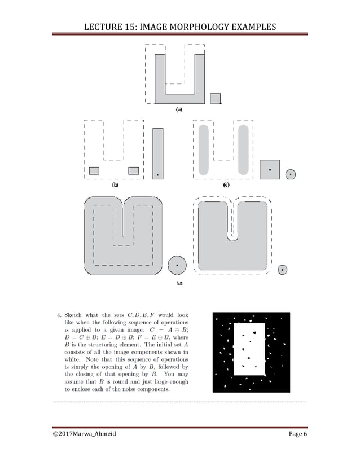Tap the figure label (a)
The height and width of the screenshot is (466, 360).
[x=179, y=110]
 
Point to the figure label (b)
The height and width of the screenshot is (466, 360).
[x=116, y=184]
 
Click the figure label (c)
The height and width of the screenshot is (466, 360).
[x=226, y=184]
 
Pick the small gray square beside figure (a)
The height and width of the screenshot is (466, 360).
[x=215, y=98]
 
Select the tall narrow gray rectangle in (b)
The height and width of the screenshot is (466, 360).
[x=158, y=153]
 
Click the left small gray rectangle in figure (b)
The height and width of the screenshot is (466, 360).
[x=94, y=170]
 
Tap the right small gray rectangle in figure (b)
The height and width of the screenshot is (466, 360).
[x=134, y=170]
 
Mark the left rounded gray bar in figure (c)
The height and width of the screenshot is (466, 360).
[x=205, y=149]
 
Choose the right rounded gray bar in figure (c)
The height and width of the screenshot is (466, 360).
[x=243, y=149]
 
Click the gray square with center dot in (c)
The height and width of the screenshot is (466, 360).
[x=270, y=169]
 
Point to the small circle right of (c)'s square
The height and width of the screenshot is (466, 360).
[x=290, y=174]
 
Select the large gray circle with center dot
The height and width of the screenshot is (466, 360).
[x=178, y=264]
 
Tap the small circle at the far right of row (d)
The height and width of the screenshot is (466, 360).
[x=282, y=270]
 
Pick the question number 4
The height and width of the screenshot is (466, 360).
[x=58, y=315]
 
